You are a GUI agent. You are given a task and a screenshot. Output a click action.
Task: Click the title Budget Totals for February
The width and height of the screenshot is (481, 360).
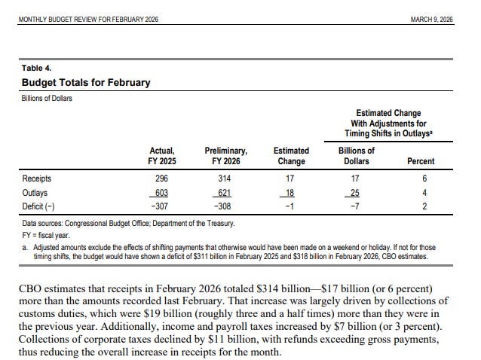coord(86,82)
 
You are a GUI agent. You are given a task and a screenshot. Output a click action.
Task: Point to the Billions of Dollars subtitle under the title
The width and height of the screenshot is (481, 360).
coord(47,98)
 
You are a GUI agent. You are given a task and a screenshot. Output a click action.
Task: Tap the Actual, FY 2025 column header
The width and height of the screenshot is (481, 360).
coord(161,155)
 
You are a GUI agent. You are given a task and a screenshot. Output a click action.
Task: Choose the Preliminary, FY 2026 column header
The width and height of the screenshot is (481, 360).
coord(225,155)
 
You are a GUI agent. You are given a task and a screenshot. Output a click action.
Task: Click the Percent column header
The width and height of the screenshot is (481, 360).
coord(421,161)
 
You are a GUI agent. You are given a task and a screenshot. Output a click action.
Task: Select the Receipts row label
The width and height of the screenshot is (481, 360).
coord(38,178)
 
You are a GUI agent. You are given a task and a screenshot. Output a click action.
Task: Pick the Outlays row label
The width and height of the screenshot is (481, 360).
coord(35,192)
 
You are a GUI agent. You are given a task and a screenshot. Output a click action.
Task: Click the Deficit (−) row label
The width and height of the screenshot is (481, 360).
coord(39,206)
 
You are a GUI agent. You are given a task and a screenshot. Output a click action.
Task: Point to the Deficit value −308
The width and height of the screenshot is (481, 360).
coord(222,206)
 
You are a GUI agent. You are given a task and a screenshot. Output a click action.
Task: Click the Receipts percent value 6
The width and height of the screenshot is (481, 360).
coord(424,178)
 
